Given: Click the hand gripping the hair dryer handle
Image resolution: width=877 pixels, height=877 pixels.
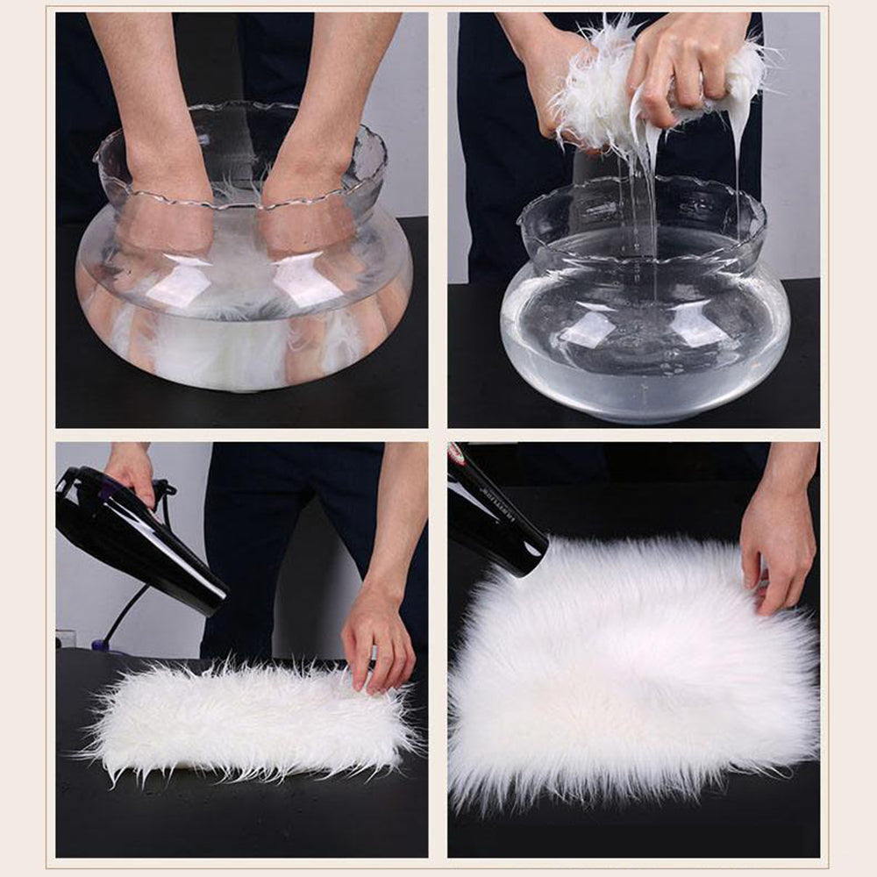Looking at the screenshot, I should tap(132, 469).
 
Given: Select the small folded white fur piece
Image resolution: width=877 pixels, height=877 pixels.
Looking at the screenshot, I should tap(246, 719).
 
